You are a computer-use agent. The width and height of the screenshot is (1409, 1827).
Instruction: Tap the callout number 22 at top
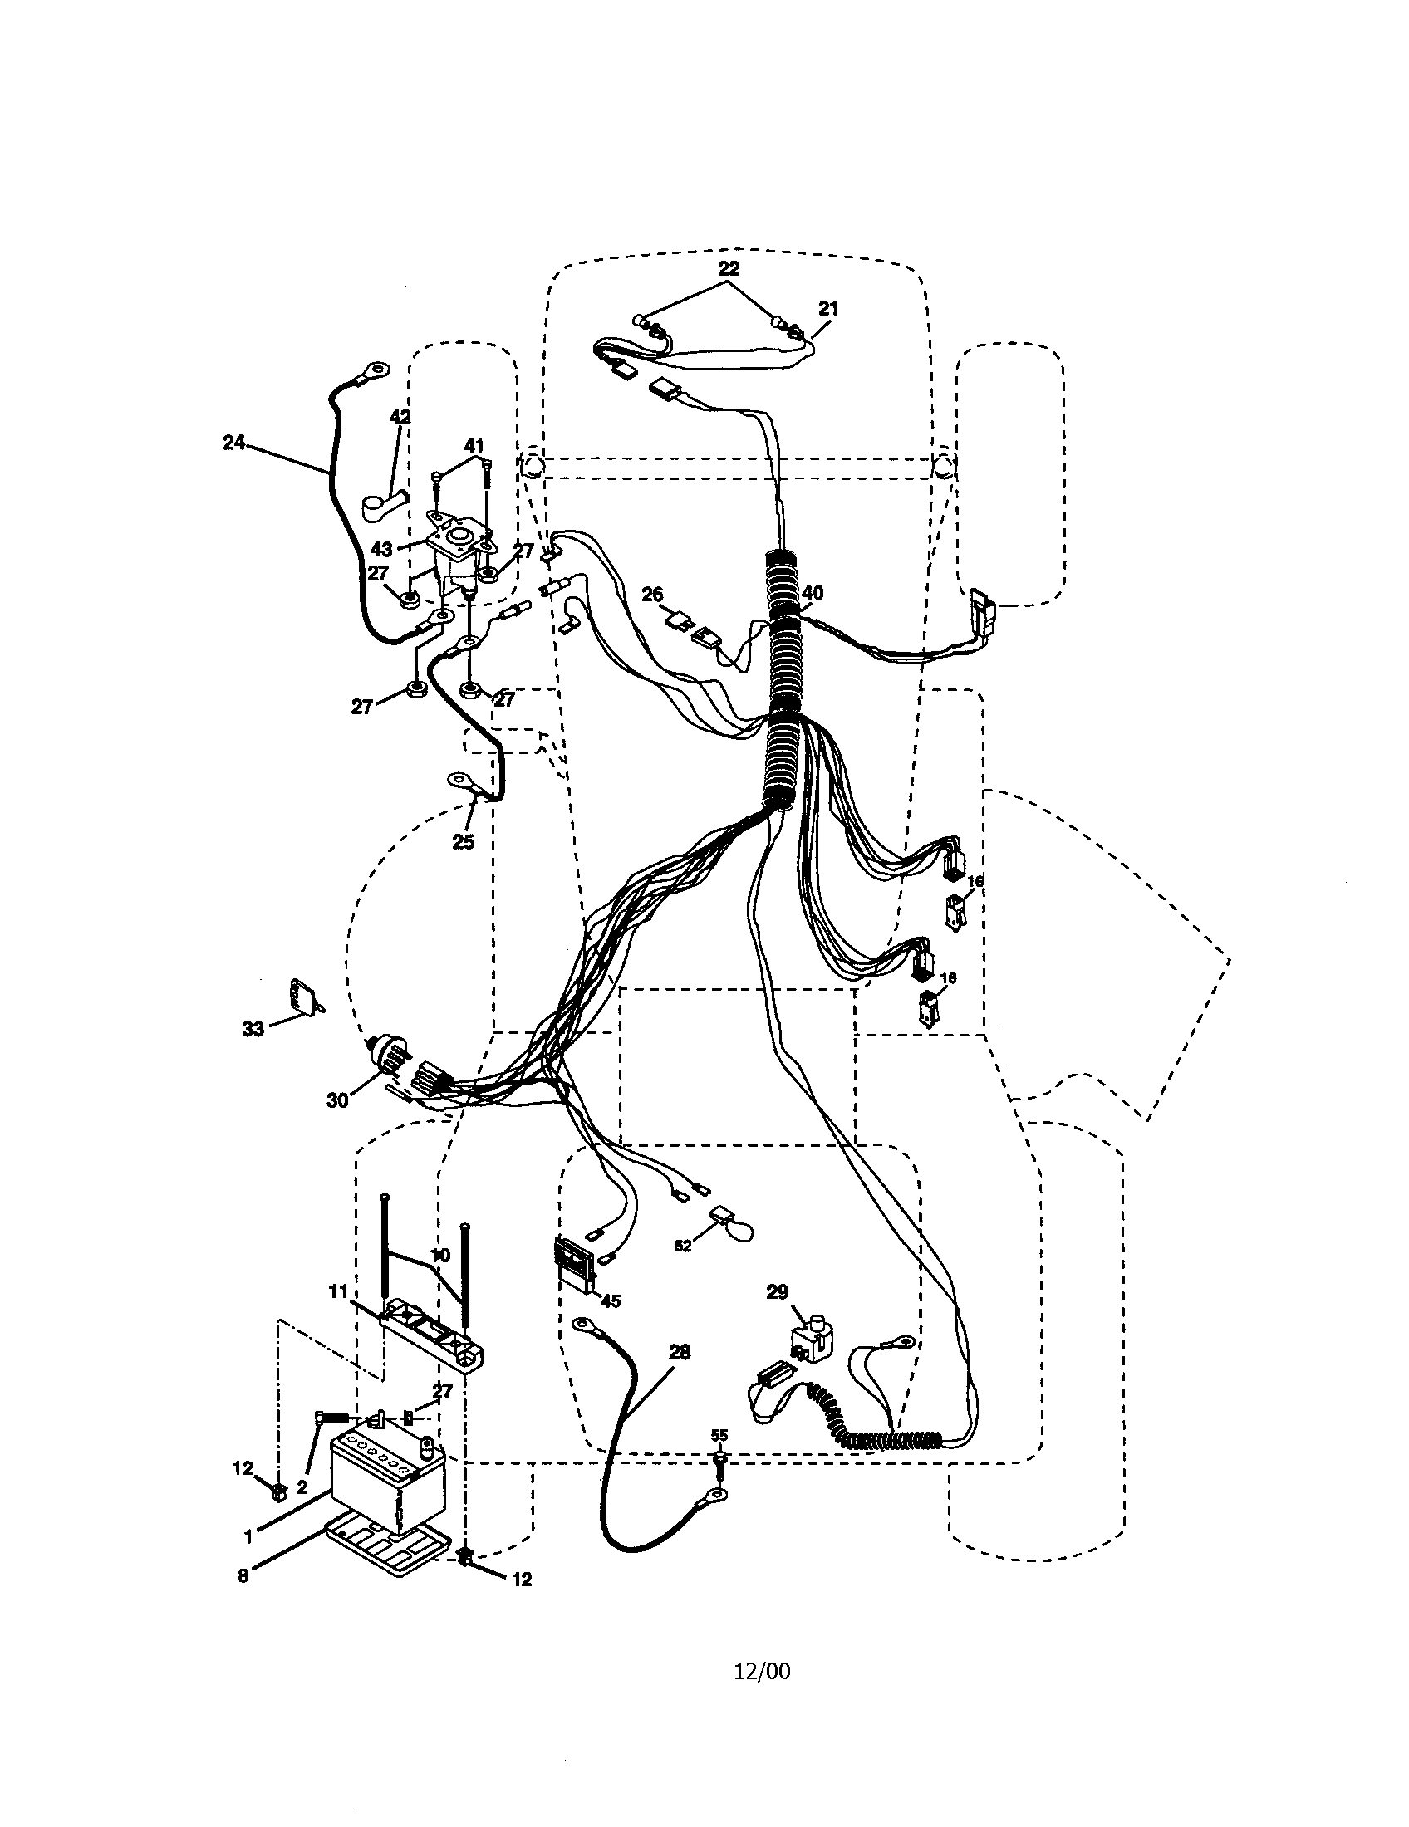729,268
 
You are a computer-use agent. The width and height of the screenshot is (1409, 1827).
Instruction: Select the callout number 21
827,309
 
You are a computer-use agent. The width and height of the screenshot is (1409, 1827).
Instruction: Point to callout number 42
400,417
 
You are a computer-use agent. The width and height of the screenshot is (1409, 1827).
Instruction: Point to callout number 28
680,1351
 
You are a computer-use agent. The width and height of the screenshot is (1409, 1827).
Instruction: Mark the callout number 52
683,1269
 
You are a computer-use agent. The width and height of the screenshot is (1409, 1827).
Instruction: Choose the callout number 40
812,593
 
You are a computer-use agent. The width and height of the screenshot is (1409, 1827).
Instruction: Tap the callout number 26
652,595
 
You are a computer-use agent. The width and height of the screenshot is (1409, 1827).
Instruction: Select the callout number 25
463,842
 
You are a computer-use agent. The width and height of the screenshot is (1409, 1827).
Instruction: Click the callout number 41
474,447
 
